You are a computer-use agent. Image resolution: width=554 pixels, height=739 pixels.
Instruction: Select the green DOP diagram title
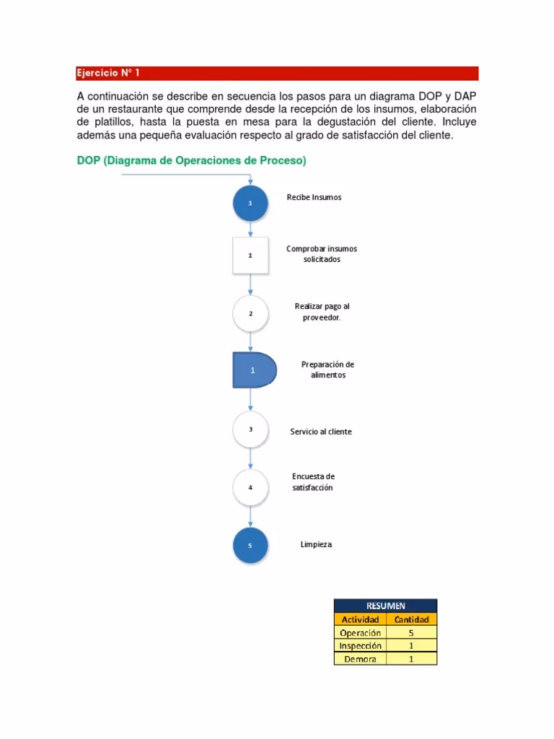click(x=191, y=162)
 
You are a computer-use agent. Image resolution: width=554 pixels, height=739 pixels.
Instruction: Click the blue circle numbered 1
click(x=250, y=204)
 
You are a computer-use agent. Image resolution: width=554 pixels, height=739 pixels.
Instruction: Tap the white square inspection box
click(x=250, y=255)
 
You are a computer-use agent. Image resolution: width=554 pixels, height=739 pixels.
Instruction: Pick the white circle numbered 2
click(x=250, y=314)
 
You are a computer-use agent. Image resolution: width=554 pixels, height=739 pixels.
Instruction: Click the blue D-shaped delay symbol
click(x=253, y=370)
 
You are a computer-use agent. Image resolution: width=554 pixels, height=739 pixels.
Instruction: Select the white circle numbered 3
click(x=250, y=429)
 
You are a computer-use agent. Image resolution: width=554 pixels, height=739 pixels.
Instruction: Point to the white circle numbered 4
click(x=250, y=487)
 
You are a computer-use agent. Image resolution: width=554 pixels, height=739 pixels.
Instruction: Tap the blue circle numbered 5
click(x=250, y=546)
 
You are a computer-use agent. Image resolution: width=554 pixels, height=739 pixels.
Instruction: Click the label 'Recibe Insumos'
click(x=314, y=197)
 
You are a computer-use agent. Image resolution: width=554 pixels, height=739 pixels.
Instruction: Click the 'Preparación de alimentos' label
click(x=327, y=369)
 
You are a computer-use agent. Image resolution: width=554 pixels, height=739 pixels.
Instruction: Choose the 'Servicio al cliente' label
click(x=321, y=432)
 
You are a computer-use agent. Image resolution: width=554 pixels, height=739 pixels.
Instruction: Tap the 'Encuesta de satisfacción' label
click(x=313, y=482)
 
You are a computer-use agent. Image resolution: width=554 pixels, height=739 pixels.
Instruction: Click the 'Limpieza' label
click(x=316, y=544)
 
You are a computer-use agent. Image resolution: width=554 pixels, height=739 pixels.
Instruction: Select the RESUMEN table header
click(x=385, y=605)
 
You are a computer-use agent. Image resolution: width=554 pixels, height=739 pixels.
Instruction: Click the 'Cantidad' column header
click(x=411, y=619)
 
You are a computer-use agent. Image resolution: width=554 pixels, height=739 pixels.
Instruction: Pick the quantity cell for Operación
click(x=411, y=633)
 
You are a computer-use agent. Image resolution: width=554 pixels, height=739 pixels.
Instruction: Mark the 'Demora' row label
click(x=361, y=659)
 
